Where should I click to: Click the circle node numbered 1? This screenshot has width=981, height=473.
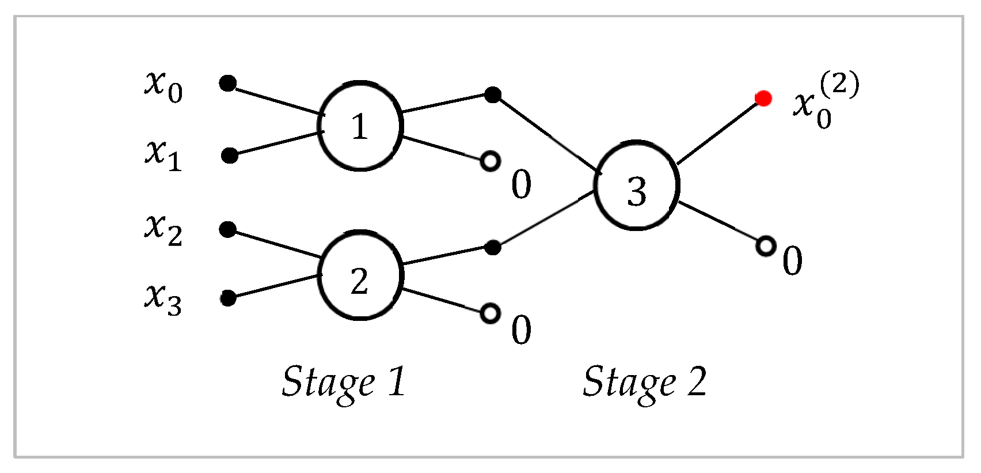click(x=360, y=126)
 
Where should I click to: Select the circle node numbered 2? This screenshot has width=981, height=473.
click(x=360, y=275)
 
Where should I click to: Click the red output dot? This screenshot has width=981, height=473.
click(x=763, y=99)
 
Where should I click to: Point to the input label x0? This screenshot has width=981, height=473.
click(x=163, y=86)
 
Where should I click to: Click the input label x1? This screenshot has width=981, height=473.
click(x=163, y=155)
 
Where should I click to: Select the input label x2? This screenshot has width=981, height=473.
click(x=163, y=229)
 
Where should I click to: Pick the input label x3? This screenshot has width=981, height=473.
click(x=163, y=298)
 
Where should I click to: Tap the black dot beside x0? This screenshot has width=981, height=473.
click(x=228, y=84)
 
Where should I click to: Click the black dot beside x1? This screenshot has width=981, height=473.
click(x=230, y=155)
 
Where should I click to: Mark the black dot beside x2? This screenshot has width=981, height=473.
click(x=228, y=230)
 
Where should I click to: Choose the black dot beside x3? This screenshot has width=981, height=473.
click(x=229, y=298)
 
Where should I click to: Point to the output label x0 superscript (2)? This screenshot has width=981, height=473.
click(x=826, y=101)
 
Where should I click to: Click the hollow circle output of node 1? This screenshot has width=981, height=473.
click(x=490, y=161)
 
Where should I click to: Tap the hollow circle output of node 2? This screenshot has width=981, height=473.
click(x=490, y=313)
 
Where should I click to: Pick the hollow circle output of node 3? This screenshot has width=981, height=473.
click(x=765, y=246)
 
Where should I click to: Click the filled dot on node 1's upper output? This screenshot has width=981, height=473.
click(x=492, y=94)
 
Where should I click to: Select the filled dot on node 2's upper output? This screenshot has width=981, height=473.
click(x=492, y=248)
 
